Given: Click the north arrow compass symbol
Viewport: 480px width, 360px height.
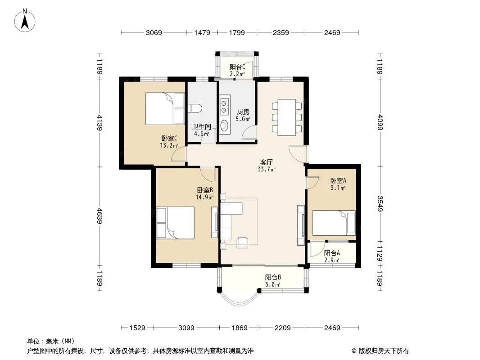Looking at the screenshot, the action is click(x=25, y=21).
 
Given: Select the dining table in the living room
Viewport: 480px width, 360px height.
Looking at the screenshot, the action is click(x=287, y=117).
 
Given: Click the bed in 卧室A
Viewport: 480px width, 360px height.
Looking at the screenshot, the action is click(x=334, y=223).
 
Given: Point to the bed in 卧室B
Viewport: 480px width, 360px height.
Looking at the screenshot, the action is click(x=176, y=223).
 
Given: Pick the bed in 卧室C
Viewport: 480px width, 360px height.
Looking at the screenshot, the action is click(x=165, y=108).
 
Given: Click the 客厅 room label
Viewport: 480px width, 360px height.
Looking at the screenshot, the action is click(x=266, y=162).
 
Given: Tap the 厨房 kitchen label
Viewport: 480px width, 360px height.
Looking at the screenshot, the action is click(x=243, y=112).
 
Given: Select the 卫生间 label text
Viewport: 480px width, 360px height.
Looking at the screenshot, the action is click(x=202, y=126).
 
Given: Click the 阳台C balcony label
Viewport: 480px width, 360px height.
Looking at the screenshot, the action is click(x=237, y=67).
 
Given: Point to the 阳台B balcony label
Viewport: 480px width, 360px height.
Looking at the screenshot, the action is click(x=273, y=277).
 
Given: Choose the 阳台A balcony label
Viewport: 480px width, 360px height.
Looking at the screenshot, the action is click(x=332, y=253).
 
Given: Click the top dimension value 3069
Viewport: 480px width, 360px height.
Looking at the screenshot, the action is click(x=154, y=32).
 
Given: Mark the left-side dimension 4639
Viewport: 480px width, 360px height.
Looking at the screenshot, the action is click(x=100, y=216).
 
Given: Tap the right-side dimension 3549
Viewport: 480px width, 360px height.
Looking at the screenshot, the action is click(x=380, y=204).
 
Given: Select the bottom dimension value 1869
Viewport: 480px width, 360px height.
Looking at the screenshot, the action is click(x=240, y=328).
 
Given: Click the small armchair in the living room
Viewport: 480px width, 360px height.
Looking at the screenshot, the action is click(x=242, y=243).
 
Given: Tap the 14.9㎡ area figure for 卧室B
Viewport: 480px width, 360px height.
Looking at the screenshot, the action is click(x=204, y=197).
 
